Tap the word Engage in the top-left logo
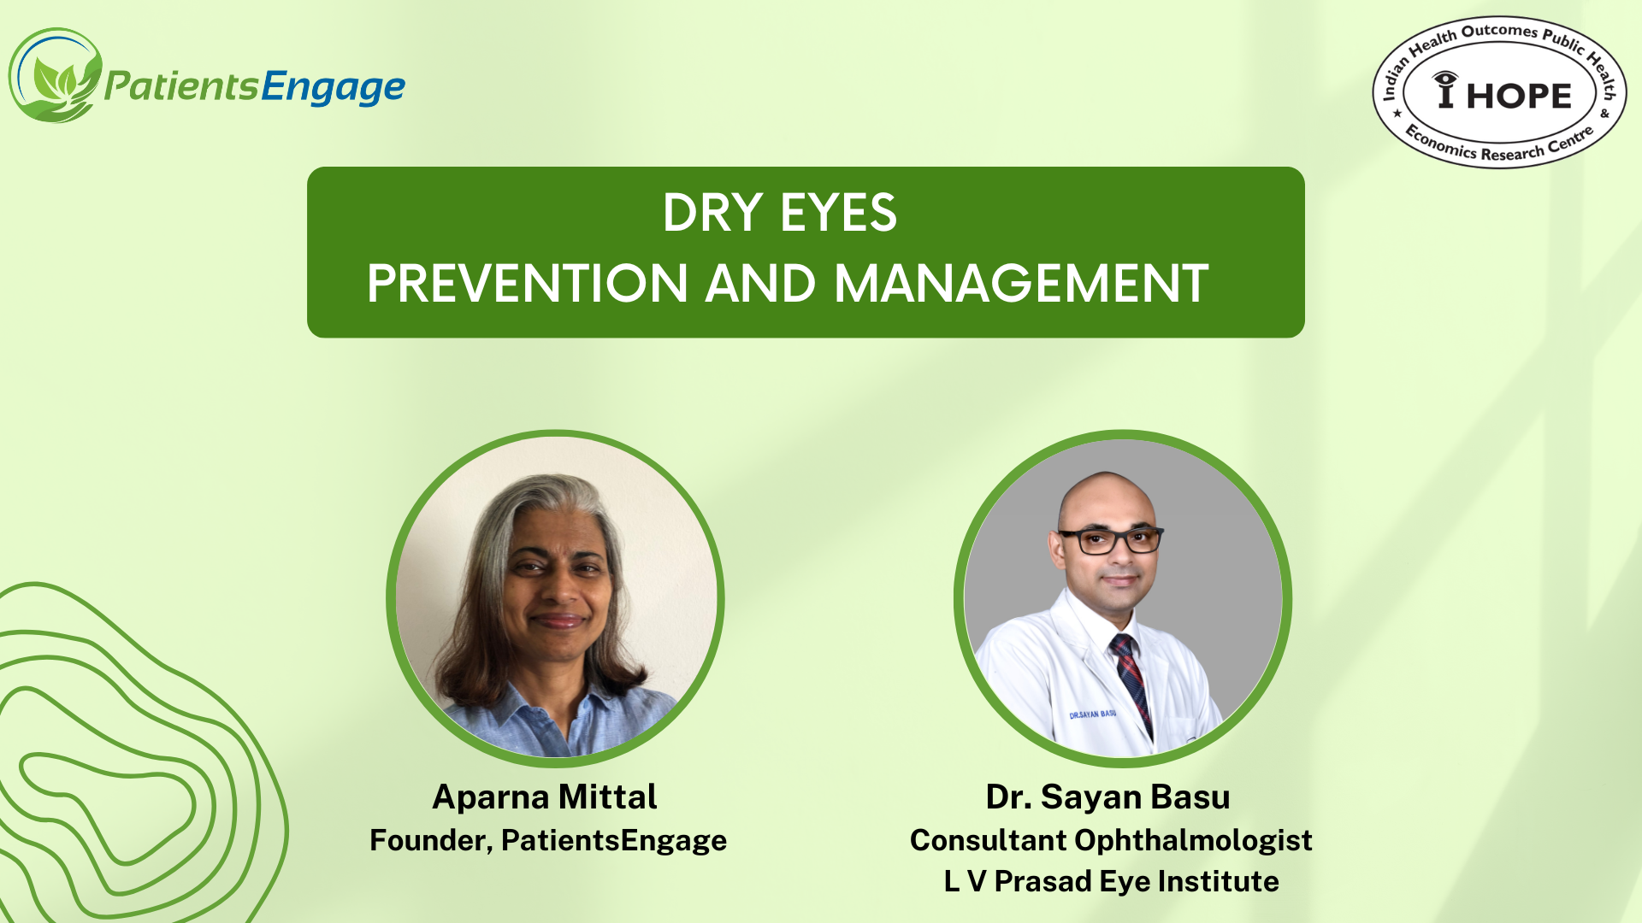(x=334, y=87)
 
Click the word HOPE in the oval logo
(x=1519, y=96)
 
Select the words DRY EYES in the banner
(x=779, y=212)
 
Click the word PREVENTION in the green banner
(x=528, y=284)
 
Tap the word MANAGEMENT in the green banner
(x=1021, y=284)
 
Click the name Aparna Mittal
(x=545, y=797)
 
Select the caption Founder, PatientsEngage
(x=548, y=840)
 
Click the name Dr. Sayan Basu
(x=1107, y=797)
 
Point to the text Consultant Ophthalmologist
(x=1111, y=840)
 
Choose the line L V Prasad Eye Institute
(x=1111, y=881)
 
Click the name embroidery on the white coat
(x=1092, y=714)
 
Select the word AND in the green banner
(x=760, y=284)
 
